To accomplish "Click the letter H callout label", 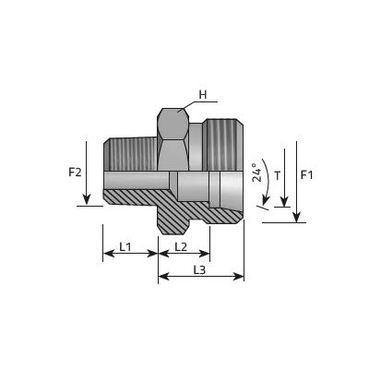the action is click(203, 95).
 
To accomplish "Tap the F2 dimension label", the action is click(75, 173).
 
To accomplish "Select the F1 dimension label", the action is click(306, 175).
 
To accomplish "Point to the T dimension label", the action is click(278, 176).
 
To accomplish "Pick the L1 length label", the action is click(125, 246).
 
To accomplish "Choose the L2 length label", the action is click(181, 246).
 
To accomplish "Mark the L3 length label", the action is click(199, 269).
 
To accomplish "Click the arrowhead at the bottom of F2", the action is click(87, 199).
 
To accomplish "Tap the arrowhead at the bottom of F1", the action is click(296, 217).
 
